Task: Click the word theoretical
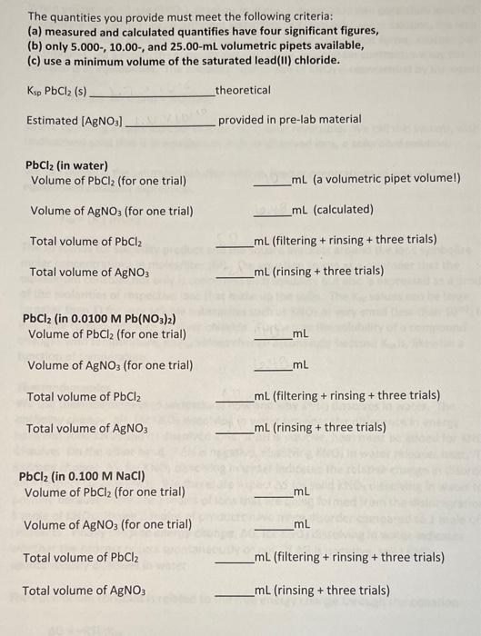[244, 90]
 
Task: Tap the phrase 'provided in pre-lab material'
[289, 120]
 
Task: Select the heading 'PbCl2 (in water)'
[66, 165]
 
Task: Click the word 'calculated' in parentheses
[344, 210]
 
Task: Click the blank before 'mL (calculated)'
[272, 214]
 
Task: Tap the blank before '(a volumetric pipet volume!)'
[272, 184]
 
